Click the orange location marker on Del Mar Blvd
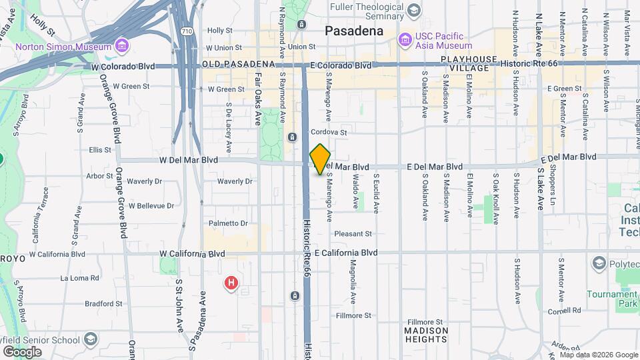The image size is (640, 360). click(x=321, y=159)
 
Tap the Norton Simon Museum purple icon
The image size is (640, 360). click(x=121, y=46)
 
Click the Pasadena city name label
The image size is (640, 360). click(x=354, y=31)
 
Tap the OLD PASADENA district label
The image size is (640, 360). click(x=239, y=64)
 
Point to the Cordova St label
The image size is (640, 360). click(x=329, y=133)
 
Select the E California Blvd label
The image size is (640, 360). click(x=346, y=253)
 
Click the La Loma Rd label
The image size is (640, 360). click(x=79, y=278)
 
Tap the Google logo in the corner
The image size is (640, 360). click(x=22, y=351)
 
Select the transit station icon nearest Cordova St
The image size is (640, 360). click(x=292, y=137)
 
